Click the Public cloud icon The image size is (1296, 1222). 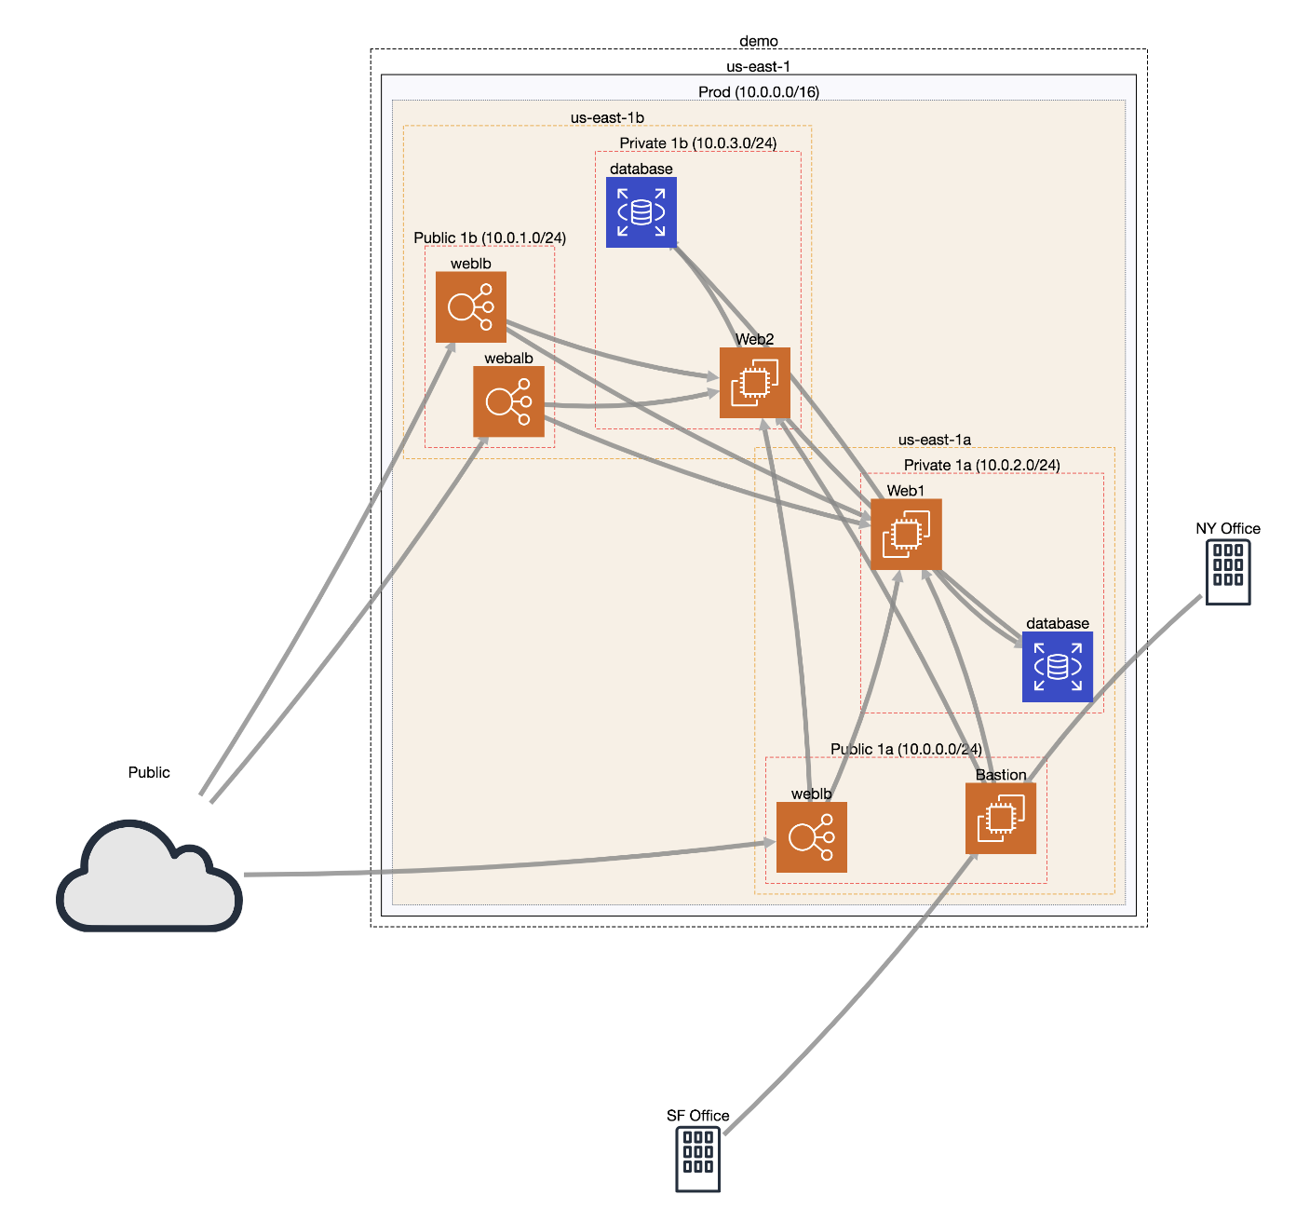pos(149,876)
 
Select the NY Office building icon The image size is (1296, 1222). pos(1227,572)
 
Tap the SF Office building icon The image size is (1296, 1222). pos(697,1159)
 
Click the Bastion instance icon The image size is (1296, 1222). pos(1001,819)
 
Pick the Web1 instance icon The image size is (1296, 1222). pos(906,534)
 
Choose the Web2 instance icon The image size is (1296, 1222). pos(755,383)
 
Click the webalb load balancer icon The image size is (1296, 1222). pos(508,401)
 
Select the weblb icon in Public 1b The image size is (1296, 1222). pos(471,306)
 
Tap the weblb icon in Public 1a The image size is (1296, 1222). pos(812,837)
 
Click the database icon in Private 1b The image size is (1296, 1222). pos(641,212)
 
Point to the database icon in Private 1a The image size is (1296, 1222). pos(1058,667)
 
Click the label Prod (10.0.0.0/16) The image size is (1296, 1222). pos(759,92)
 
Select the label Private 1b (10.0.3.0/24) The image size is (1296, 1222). pos(698,143)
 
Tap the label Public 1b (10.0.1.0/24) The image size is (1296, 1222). pos(490,238)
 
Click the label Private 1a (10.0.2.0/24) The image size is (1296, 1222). pos(981,465)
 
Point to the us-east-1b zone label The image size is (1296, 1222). pos(607,118)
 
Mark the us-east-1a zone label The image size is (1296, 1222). pos(934,440)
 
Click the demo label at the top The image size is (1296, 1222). pos(759,41)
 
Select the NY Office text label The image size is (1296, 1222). pos(1227,528)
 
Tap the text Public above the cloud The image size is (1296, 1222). pos(149,772)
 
